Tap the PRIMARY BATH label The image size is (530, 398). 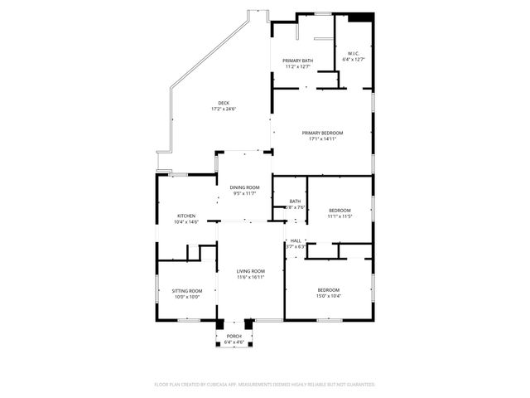(297, 61)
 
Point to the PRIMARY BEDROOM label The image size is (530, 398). (322, 133)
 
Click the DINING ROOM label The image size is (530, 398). (244, 187)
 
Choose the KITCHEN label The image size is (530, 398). (185, 216)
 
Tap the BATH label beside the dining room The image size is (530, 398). (295, 201)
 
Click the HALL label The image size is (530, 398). (296, 240)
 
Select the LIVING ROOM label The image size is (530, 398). (250, 271)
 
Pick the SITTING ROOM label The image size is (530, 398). (186, 290)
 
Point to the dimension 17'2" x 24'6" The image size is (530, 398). (224, 109)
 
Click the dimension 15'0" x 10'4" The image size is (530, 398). (328, 295)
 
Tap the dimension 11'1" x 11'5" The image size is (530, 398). (340, 216)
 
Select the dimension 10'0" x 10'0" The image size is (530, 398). (186, 296)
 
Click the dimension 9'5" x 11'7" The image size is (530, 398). (244, 193)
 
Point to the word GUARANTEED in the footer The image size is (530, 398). (359, 385)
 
